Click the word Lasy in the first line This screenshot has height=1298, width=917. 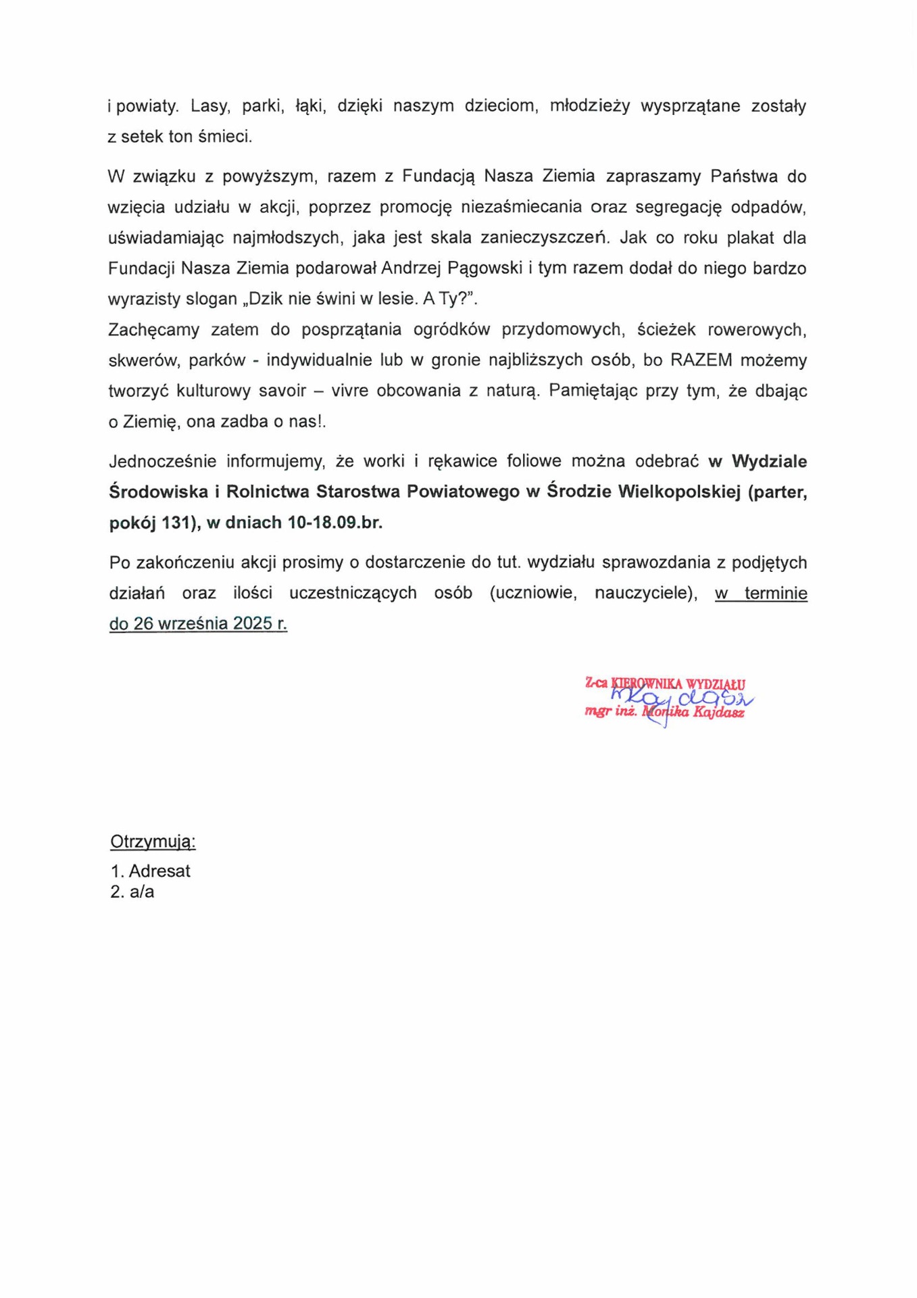tap(207, 106)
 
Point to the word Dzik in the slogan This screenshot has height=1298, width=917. tap(266, 299)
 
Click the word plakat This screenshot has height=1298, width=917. tap(749, 238)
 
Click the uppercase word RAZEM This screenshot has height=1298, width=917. tap(701, 360)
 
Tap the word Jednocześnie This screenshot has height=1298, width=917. tap(162, 461)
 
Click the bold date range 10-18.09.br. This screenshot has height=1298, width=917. tap(334, 523)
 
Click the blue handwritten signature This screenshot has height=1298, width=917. tap(683, 700)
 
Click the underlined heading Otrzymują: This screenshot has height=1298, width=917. tap(153, 842)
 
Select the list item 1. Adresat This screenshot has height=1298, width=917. tap(150, 871)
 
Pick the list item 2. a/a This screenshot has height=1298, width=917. tap(132, 892)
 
